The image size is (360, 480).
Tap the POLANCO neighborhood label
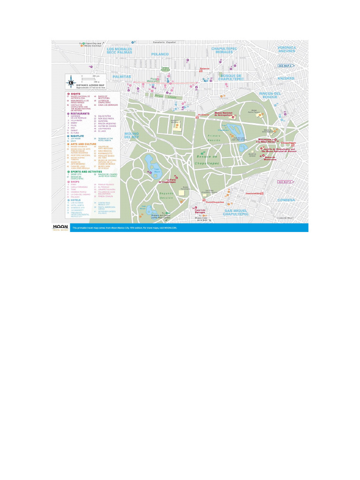click(160, 54)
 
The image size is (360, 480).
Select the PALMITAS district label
click(121, 76)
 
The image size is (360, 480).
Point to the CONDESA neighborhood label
click(286, 200)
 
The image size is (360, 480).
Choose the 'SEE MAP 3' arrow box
click(285, 66)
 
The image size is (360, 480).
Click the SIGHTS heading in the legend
click(75, 93)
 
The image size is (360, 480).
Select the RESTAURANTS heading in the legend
click(80, 113)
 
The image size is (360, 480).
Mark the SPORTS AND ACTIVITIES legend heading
click(87, 172)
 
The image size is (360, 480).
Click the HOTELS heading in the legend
click(76, 200)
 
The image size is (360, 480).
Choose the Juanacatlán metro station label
click(255, 193)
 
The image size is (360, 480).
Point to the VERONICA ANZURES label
click(286, 49)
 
